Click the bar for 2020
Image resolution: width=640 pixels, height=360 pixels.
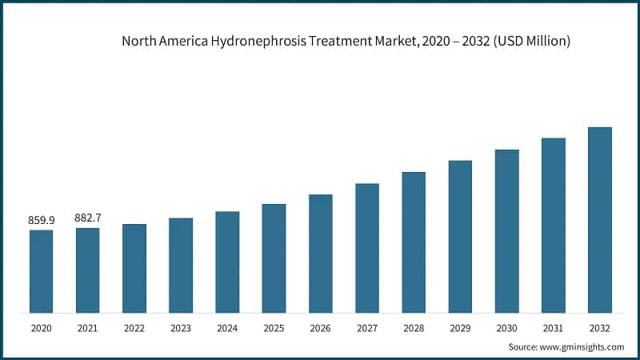click(42, 271)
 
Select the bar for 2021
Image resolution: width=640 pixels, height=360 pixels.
click(88, 270)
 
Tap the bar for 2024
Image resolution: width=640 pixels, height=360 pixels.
click(227, 262)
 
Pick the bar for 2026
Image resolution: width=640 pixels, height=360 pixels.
click(320, 253)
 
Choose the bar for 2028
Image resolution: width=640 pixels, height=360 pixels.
click(414, 242)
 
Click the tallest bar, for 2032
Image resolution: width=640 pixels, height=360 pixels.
click(599, 219)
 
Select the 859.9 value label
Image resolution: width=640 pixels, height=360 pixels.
click(42, 220)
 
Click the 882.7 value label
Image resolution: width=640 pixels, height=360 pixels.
click(88, 218)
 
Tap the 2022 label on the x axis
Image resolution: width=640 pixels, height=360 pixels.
click(134, 328)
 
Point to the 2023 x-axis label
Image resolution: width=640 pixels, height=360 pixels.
click(181, 328)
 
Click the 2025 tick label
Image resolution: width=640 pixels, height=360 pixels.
click(274, 328)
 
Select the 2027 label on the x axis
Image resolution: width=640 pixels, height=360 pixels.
click(367, 328)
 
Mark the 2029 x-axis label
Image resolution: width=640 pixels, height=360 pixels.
click(460, 328)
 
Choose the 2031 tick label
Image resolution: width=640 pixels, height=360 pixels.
click(553, 328)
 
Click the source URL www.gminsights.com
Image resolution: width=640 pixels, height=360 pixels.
click(582, 346)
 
